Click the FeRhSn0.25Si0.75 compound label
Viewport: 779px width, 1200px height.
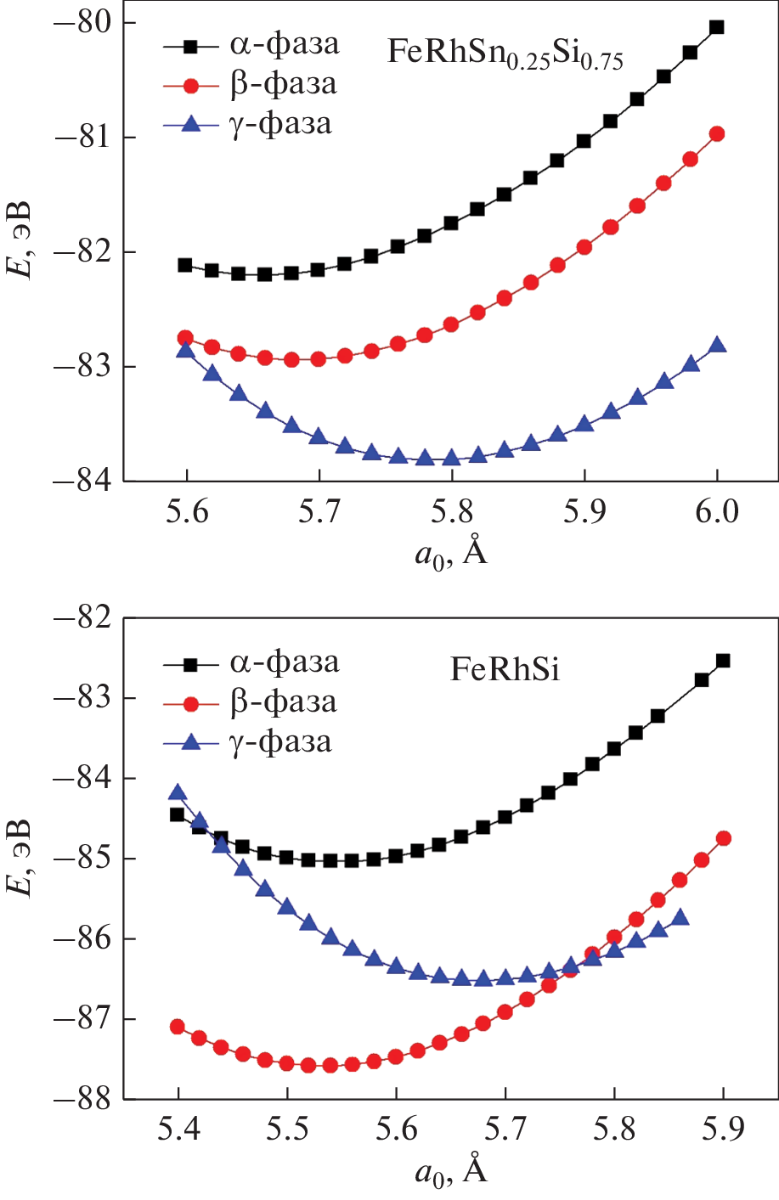(x=505, y=54)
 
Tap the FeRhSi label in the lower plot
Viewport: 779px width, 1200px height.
(x=505, y=670)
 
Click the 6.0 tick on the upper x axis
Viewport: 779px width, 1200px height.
(x=717, y=512)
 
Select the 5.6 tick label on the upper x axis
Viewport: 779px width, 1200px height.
(x=186, y=512)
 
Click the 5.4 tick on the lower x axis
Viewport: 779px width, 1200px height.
(x=178, y=1130)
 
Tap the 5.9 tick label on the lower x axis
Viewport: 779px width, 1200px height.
(x=723, y=1130)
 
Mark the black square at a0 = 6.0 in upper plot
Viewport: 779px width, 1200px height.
(x=717, y=27)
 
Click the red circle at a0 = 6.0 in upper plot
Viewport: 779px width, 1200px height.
(x=717, y=134)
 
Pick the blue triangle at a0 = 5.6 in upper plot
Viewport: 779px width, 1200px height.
(x=186, y=350)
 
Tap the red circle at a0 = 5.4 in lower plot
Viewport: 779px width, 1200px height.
(x=178, y=1027)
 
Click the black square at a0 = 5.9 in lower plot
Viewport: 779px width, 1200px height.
(x=723, y=661)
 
